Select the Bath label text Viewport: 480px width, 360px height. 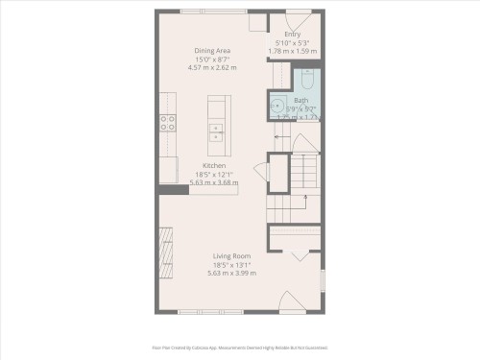[x=301, y=101]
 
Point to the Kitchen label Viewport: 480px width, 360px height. [x=214, y=165]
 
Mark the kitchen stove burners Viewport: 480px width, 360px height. [x=167, y=122]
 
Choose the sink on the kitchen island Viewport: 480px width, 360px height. [x=216, y=132]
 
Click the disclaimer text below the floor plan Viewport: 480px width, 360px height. [x=240, y=348]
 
